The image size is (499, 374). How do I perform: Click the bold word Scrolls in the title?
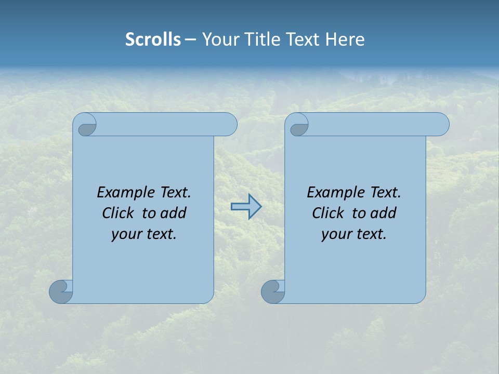[x=153, y=39]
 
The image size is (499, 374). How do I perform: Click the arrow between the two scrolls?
[x=246, y=207]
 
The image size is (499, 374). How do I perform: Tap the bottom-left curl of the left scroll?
[x=61, y=291]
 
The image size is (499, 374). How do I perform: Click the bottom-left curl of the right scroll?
[x=273, y=291]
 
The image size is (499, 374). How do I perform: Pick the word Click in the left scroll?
[x=118, y=213]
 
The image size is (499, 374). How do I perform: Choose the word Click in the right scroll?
[x=328, y=213]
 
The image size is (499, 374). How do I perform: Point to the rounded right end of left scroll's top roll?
[x=229, y=125]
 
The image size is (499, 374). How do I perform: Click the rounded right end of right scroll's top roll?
[x=441, y=125]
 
